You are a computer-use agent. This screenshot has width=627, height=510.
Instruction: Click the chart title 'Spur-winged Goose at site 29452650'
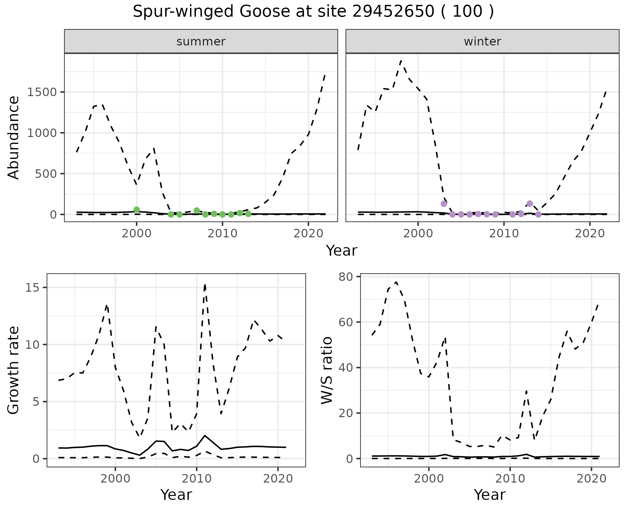coord(313,12)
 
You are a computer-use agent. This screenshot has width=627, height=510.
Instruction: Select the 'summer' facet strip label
coord(201,42)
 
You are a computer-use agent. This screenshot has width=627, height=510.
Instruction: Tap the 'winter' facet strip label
coord(482,42)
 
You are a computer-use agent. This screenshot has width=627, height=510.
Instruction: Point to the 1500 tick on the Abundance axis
coord(43,92)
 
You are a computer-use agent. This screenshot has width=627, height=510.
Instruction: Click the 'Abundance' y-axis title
coord(14,137)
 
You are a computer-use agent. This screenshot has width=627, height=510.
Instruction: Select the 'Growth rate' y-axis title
coord(14,370)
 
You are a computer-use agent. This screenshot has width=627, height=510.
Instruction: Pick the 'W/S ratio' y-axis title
coord(327,370)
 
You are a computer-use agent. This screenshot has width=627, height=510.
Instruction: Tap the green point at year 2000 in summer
coord(137,210)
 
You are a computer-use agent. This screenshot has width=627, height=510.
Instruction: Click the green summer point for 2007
coord(197,211)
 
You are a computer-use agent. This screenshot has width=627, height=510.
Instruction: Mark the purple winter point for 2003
coord(444,204)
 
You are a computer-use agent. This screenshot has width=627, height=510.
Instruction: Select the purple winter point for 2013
coord(530,203)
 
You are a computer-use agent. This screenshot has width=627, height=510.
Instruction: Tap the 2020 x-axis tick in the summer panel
coord(308,233)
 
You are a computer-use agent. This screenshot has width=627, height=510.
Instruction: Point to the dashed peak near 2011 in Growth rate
coord(205,285)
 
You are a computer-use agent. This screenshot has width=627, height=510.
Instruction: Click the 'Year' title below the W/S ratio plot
coord(490,495)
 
